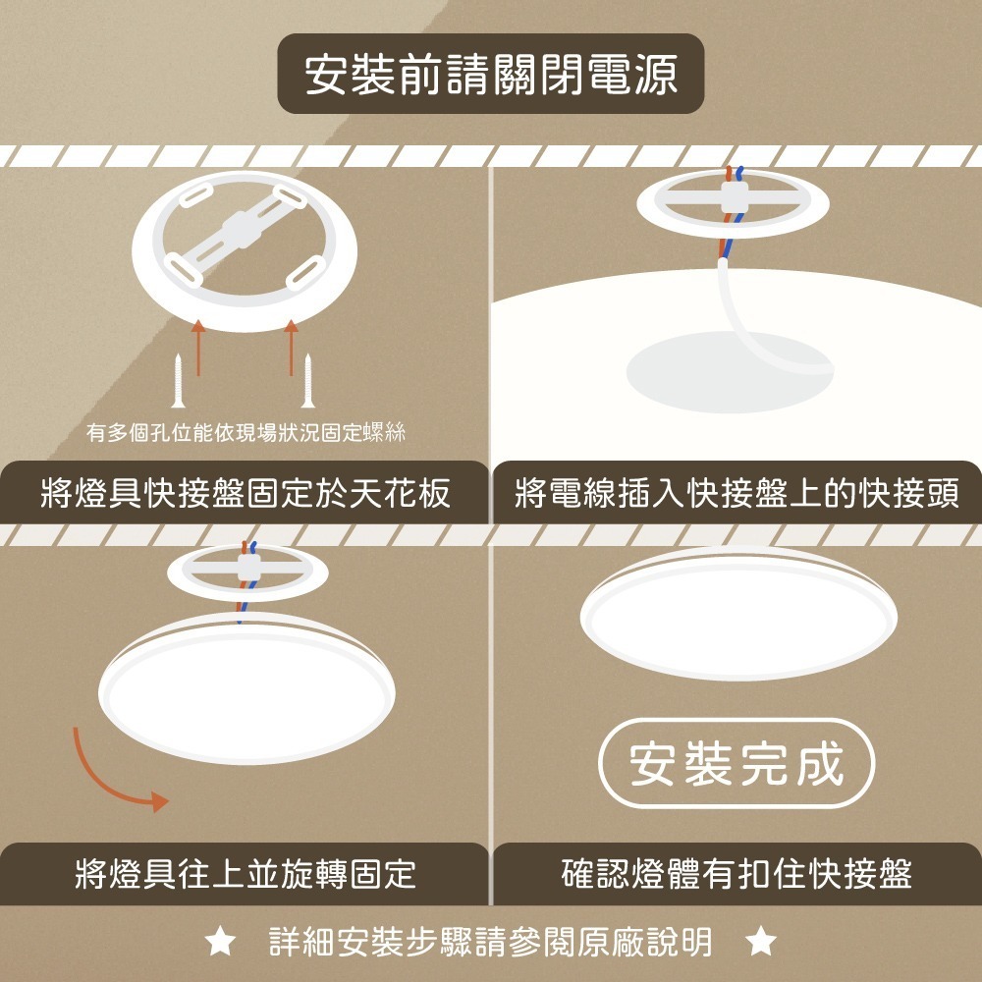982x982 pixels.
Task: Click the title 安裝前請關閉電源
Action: (x=491, y=75)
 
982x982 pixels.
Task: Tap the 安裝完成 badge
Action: (x=736, y=763)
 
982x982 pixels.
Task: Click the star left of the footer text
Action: (x=220, y=944)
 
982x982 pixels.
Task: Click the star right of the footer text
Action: (x=760, y=944)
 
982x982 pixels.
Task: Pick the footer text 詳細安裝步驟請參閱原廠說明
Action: (x=491, y=944)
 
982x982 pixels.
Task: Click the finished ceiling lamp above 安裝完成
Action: (x=738, y=614)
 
